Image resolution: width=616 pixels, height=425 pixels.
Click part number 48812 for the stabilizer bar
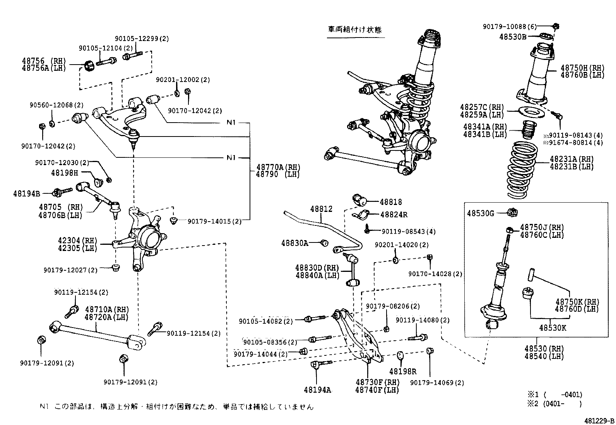pos(321,209)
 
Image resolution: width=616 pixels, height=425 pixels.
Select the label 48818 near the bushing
pos(390,202)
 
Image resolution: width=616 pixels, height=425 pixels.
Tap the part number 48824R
pos(394,215)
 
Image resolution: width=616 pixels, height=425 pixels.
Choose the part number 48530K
pos(553,328)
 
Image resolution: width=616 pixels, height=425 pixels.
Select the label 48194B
pos(26,193)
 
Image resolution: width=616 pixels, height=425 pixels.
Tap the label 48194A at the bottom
pos(317,389)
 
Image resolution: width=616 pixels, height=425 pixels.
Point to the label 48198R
pos(402,372)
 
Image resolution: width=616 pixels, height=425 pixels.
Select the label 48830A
pos(295,243)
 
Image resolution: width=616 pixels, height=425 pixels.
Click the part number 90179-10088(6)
pos(510,26)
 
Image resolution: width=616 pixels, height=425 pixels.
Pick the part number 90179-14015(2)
pos(214,222)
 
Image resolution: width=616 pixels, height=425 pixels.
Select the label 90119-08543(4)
pos(408,231)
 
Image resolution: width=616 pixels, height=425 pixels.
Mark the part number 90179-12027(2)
pos(70,270)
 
